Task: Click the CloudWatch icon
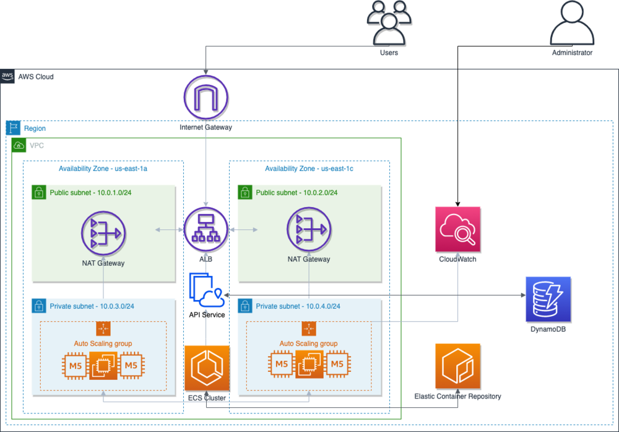(457, 230)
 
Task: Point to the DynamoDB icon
(548, 299)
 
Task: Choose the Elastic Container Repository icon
(457, 366)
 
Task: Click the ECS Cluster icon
(207, 368)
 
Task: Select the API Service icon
(207, 289)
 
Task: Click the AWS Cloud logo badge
(7, 77)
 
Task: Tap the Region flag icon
(12, 128)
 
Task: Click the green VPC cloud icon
(19, 146)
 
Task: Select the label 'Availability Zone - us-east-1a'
(103, 169)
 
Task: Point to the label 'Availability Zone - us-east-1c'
(309, 169)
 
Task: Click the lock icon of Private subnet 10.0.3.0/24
(38, 306)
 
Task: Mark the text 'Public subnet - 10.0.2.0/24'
(297, 193)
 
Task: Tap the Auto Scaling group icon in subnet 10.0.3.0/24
(103, 329)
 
